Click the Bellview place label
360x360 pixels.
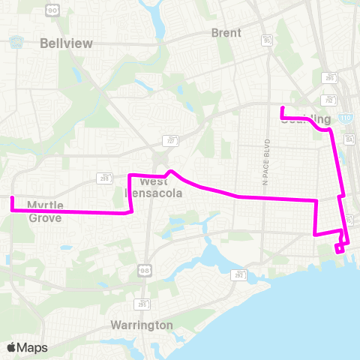click(67, 43)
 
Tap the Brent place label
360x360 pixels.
click(226, 33)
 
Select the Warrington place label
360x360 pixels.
click(142, 325)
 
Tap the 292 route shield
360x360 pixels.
click(103, 178)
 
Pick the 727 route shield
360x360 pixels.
click(170, 139)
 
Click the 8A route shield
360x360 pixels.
click(348, 138)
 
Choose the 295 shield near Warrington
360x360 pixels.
click(142, 304)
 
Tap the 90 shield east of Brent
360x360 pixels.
click(268, 41)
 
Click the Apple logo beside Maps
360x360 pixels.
click(11, 347)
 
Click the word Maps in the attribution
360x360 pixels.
click(32, 347)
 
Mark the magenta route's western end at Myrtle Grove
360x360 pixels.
click(12, 198)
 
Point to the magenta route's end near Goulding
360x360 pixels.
click(281, 109)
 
